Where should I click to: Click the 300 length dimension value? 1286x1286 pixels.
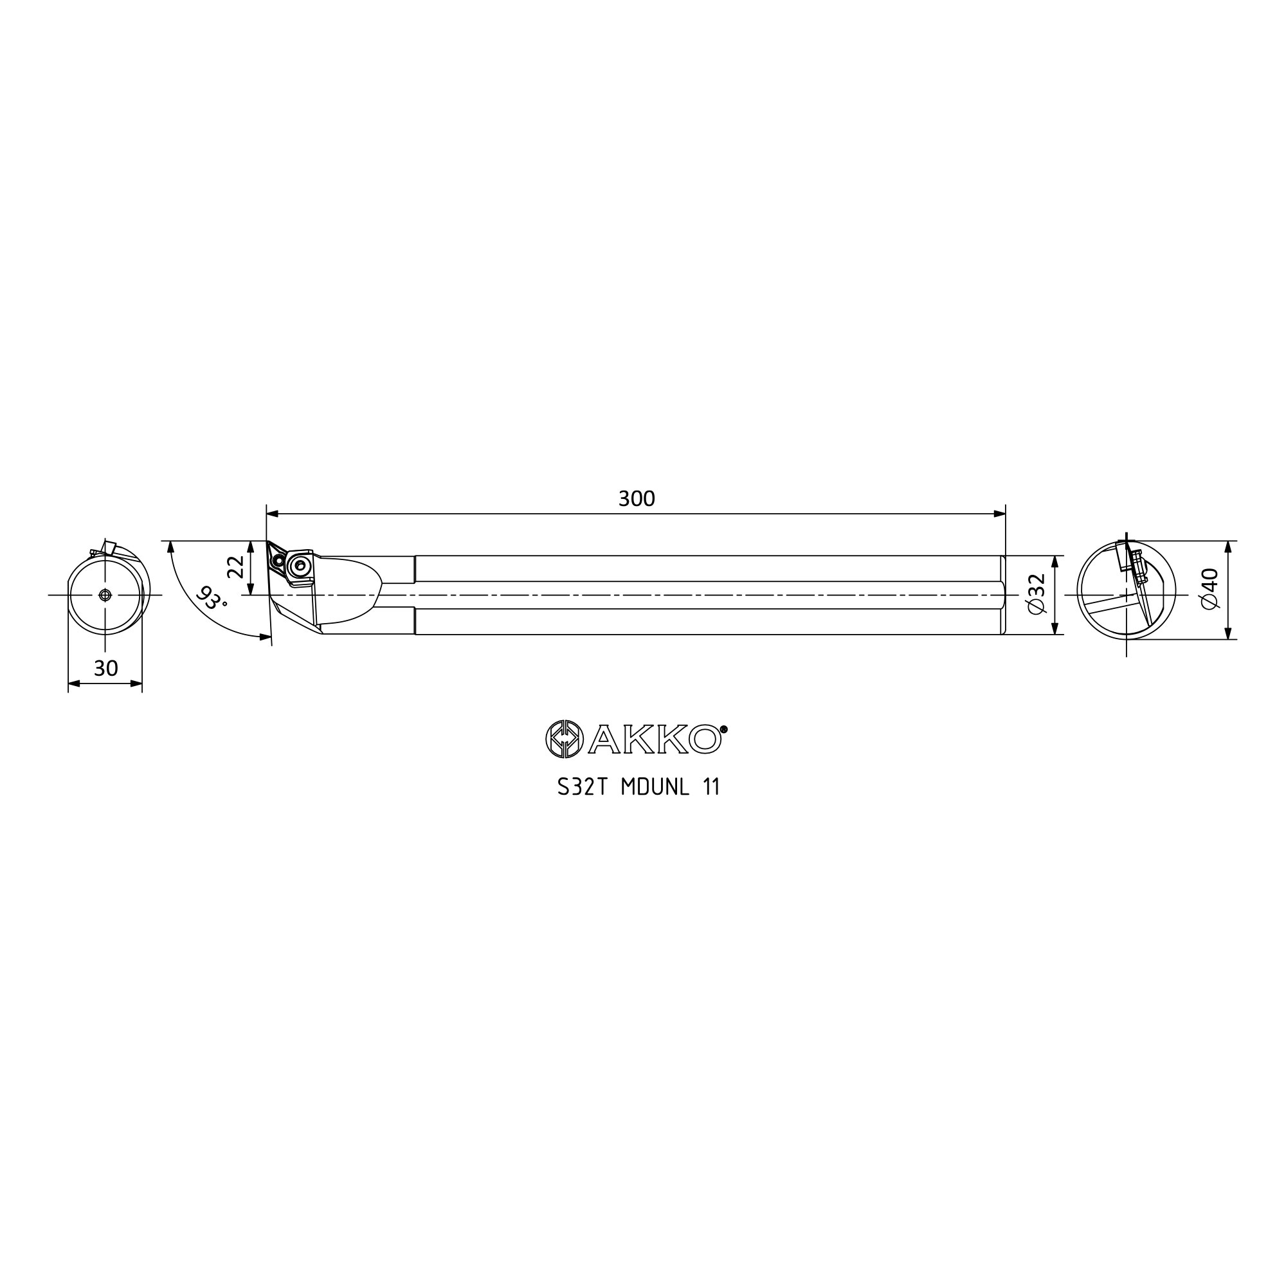(637, 498)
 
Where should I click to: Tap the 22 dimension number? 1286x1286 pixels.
(236, 567)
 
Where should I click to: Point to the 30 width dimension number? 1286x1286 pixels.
(106, 668)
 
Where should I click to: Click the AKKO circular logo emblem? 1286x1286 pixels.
(565, 738)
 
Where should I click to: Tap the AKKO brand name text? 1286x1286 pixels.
(654, 739)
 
